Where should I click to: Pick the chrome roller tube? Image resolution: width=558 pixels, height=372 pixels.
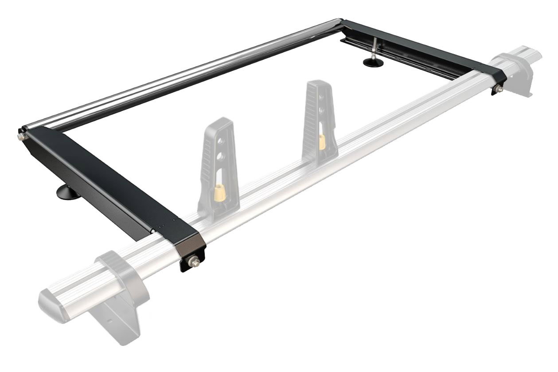(177, 75)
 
